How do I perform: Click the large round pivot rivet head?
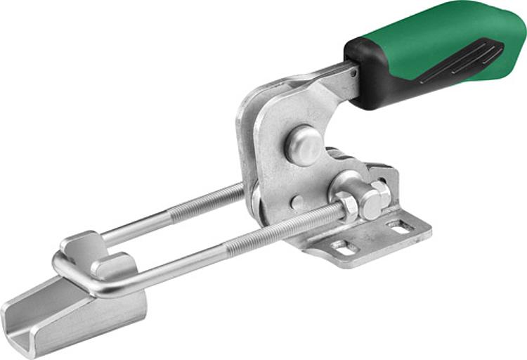click(x=303, y=145)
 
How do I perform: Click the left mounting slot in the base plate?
click(x=344, y=247)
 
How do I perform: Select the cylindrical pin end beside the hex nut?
click(x=370, y=205)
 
